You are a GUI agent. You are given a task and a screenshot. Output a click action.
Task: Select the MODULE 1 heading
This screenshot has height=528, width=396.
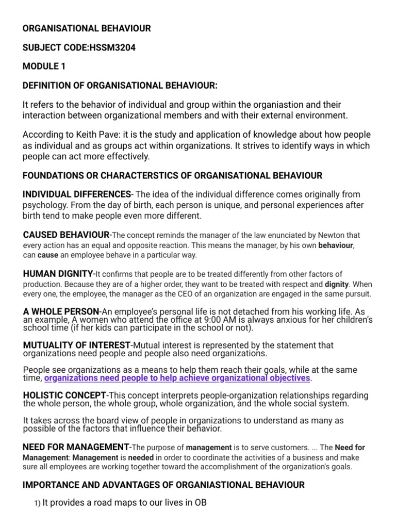(x=44, y=67)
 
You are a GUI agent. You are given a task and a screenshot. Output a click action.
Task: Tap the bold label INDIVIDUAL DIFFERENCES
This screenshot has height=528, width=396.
(x=76, y=194)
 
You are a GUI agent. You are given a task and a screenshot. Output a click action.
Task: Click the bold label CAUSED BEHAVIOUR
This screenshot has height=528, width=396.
(x=66, y=235)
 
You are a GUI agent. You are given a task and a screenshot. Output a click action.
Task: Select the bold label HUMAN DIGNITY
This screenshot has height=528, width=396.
(x=59, y=274)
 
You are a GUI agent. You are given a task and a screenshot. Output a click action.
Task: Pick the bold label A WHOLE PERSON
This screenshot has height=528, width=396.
(x=61, y=311)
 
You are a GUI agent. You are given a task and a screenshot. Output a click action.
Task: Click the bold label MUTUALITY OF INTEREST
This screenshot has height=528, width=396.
(x=76, y=345)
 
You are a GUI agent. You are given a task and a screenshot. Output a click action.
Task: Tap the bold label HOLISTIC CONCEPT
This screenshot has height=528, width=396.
(x=62, y=395)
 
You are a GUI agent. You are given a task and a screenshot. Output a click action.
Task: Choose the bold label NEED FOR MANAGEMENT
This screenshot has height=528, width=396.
(x=76, y=447)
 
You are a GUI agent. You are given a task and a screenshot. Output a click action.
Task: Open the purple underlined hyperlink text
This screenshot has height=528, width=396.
(x=177, y=378)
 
